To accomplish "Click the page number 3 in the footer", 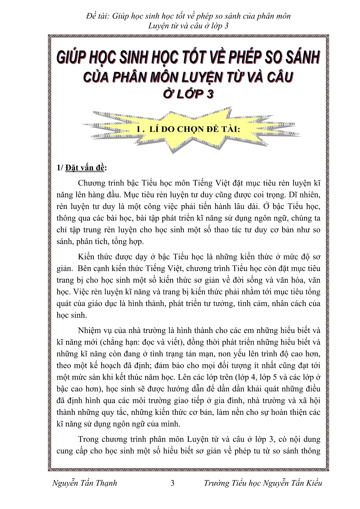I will point(173,483).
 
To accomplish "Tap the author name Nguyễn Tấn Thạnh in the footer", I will point(85,483).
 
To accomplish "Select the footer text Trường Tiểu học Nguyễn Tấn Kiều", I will point(263,483).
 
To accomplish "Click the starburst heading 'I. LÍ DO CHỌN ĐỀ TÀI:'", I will point(188,129).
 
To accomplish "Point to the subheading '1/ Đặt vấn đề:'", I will point(81,168).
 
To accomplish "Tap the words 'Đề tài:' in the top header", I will point(97,16).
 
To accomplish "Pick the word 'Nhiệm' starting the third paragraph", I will point(90,330).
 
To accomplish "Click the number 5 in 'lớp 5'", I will point(274,377).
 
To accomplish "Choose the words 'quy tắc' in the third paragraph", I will point(114,412).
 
